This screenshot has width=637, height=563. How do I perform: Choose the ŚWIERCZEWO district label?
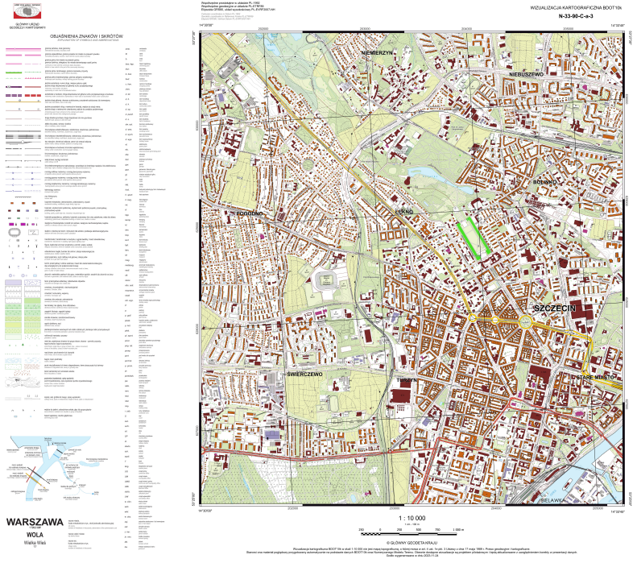click(x=305, y=375)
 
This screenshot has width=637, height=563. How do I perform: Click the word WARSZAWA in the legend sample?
click(x=35, y=521)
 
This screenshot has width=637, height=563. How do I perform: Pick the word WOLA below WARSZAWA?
click(x=35, y=533)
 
